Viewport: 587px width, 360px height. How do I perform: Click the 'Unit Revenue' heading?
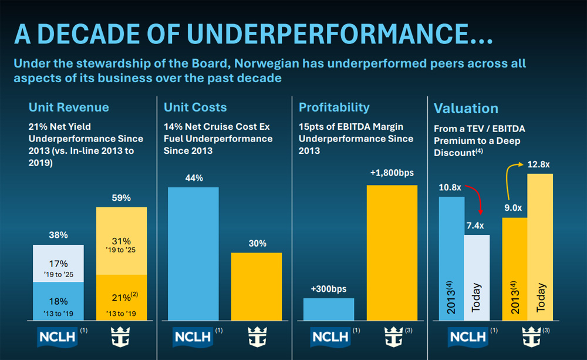[69, 107]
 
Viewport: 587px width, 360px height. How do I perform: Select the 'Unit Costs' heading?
[195, 107]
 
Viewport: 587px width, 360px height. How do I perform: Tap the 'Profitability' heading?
[334, 107]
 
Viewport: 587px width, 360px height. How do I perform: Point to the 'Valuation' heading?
[465, 108]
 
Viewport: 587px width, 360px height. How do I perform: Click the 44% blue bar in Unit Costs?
[193, 253]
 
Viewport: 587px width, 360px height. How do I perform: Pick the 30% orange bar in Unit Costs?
[257, 286]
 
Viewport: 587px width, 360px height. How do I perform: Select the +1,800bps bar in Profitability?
[392, 253]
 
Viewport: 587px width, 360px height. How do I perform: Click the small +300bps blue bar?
[329, 309]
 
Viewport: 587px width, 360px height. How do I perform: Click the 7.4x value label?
[476, 226]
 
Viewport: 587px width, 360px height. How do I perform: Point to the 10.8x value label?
[450, 188]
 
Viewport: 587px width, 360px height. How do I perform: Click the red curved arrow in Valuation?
[477, 198]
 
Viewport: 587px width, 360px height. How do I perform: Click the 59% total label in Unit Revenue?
[122, 198]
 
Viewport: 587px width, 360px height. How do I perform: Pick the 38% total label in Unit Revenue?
[58, 235]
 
